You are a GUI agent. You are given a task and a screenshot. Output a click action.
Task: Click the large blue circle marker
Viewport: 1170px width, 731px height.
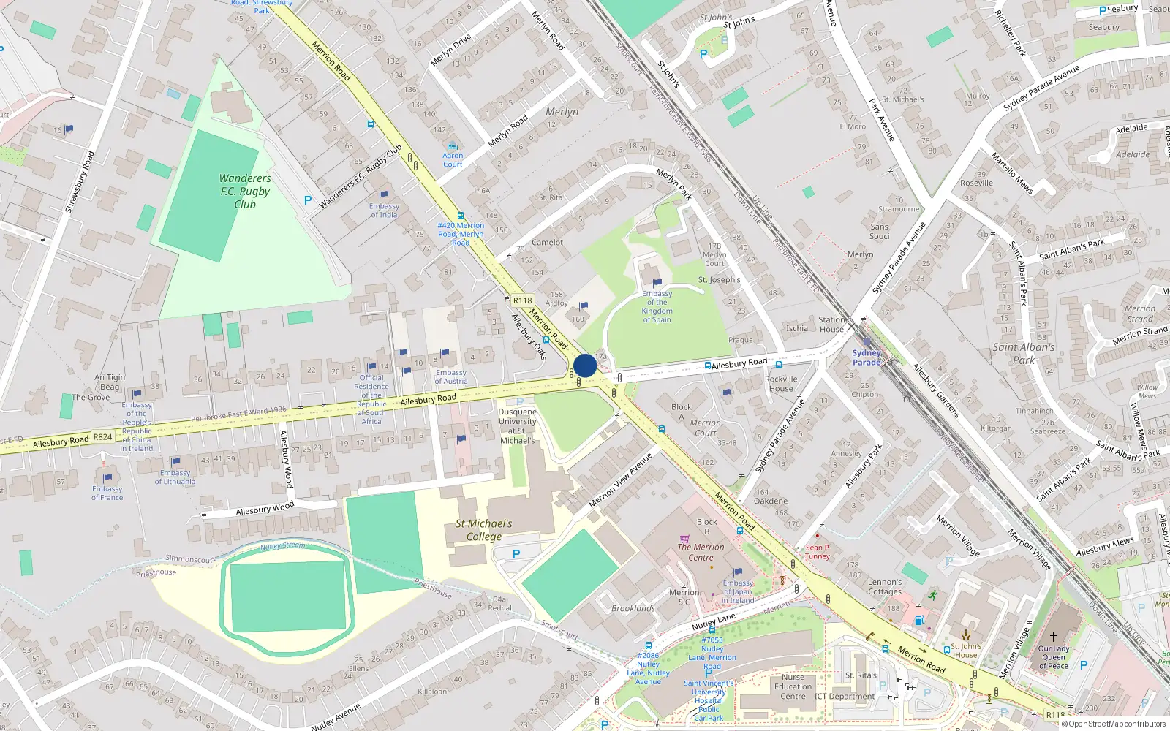pos(585,365)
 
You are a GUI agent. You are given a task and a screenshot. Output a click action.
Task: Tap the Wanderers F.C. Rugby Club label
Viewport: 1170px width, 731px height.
pos(245,192)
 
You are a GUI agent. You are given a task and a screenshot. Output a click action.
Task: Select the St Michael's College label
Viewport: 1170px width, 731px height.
pos(483,530)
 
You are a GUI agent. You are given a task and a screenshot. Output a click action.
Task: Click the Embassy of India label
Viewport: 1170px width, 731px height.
pos(384,211)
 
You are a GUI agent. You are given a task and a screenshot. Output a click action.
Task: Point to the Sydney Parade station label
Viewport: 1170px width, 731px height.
pos(867,357)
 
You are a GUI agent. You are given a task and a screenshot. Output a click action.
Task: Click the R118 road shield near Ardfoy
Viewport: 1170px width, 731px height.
pos(522,300)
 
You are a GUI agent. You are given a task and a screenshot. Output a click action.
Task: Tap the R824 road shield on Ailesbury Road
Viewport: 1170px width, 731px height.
pos(102,437)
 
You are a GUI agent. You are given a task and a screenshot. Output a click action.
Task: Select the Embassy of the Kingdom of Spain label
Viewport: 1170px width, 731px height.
pos(657,306)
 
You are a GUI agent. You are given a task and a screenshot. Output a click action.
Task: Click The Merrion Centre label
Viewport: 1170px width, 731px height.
pos(701,552)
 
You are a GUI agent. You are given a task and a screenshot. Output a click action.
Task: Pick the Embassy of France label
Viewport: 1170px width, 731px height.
pos(107,493)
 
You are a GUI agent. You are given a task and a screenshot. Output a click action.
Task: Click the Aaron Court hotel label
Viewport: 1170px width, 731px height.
pos(453,159)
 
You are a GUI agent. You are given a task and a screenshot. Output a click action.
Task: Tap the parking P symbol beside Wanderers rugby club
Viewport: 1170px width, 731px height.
pos(308,200)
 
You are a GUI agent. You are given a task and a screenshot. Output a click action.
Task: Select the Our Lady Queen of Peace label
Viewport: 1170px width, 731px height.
pos(1053,657)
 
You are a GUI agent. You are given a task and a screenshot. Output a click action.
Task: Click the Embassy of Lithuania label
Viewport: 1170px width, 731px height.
pos(175,477)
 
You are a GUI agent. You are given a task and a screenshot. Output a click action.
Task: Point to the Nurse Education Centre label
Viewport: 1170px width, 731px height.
pos(793,686)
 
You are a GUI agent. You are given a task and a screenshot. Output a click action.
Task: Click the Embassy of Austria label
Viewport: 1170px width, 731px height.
pos(450,376)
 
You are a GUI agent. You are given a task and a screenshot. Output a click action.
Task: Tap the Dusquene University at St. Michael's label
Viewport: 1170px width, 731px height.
pos(517,426)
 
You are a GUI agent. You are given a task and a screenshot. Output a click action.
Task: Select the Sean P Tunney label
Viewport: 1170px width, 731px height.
pos(817,552)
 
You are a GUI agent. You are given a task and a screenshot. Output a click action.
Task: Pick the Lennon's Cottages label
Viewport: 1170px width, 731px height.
pos(885,587)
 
